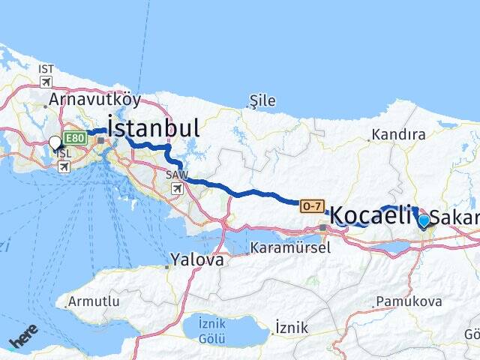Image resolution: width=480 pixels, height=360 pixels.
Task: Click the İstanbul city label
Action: pos(154,127)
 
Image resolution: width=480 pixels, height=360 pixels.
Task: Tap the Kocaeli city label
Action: pos(370,215)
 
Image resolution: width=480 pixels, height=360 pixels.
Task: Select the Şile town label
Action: pos(263,101)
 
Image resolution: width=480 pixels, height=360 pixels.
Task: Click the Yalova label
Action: pos(197,260)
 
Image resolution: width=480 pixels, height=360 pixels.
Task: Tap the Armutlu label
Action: pos(93,301)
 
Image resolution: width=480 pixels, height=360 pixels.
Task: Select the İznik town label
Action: pos(292,327)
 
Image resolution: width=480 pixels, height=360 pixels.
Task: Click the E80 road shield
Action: pos(74,138)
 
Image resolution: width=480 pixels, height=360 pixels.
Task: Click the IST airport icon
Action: pos(46,82)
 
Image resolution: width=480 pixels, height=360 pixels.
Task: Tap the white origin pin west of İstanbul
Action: pos(55,142)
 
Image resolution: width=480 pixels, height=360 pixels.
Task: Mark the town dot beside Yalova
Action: pos(167,265)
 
